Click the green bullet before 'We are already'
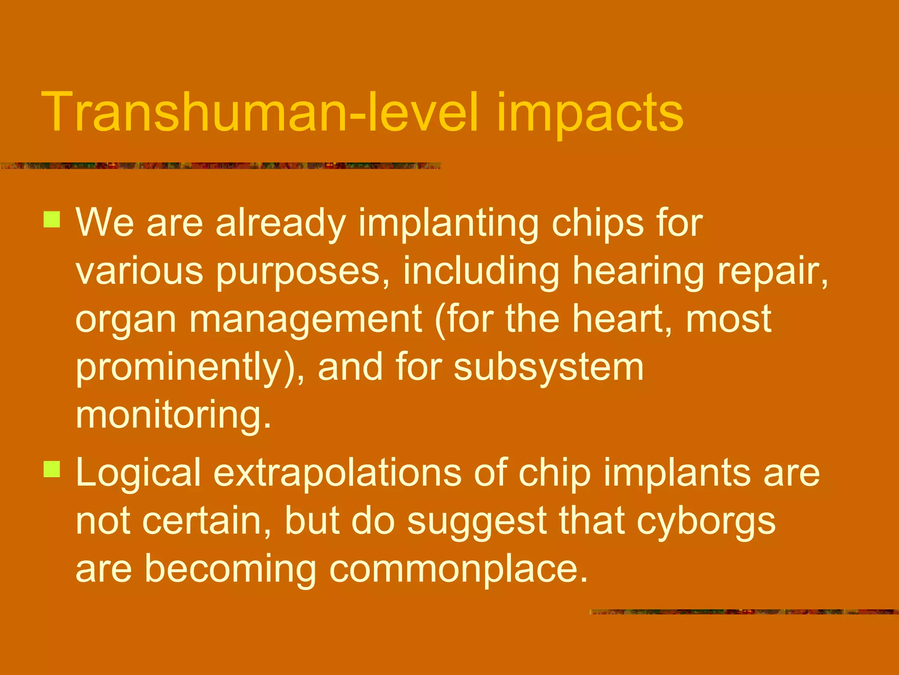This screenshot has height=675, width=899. [x=52, y=219]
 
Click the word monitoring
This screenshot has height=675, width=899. [x=173, y=415]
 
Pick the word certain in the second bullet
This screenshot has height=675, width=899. [x=206, y=522]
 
